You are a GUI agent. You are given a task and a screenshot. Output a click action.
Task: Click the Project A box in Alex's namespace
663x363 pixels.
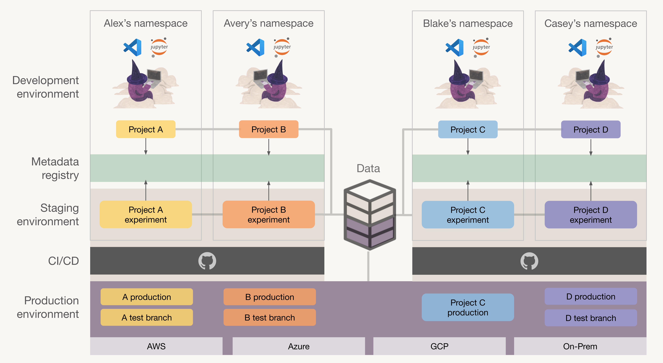click(146, 129)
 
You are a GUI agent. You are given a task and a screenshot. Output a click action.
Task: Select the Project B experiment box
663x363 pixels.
click(269, 215)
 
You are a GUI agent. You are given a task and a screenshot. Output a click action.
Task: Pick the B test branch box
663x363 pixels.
click(270, 318)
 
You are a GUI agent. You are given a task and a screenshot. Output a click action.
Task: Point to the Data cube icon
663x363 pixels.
click(370, 215)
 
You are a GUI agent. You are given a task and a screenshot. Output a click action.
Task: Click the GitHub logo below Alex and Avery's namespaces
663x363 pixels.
click(207, 261)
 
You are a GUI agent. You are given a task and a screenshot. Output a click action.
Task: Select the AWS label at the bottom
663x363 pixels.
click(156, 346)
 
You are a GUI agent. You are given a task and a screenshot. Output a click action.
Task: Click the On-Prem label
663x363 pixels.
click(580, 346)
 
